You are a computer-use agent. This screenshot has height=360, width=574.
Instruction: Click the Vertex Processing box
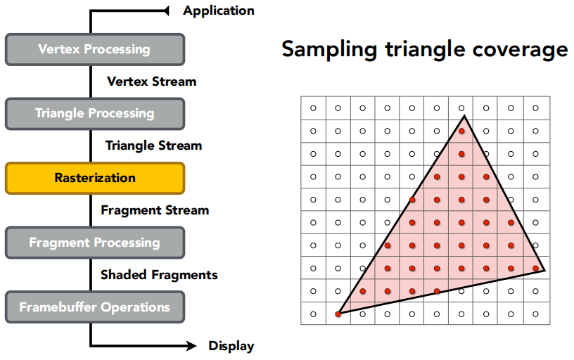(x=94, y=49)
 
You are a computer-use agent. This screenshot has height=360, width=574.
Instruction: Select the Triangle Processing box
(x=94, y=113)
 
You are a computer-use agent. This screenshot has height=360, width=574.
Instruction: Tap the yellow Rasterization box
(x=94, y=178)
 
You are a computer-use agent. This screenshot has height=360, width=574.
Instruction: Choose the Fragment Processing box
(x=94, y=243)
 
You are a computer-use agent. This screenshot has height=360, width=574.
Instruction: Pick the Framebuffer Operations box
(x=94, y=307)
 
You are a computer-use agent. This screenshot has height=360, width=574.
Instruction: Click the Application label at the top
(x=218, y=11)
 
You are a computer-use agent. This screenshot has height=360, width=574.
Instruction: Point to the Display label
(x=231, y=346)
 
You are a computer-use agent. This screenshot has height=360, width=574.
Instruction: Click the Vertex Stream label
(x=151, y=82)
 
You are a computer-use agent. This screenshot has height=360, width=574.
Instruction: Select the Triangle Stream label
(x=153, y=146)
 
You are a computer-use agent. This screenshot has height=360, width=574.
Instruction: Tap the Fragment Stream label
(x=155, y=210)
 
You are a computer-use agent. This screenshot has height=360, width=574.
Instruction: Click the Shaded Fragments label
(x=159, y=275)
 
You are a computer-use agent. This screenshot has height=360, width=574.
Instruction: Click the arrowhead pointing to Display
(x=191, y=346)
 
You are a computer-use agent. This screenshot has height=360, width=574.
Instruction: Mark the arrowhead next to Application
(x=167, y=11)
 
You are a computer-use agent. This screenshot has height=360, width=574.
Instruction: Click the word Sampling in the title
(x=325, y=51)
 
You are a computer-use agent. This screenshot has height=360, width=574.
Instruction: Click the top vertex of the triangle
(x=464, y=114)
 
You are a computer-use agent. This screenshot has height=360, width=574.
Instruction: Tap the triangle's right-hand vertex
(x=544, y=269)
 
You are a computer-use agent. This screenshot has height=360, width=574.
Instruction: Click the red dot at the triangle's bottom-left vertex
(x=338, y=314)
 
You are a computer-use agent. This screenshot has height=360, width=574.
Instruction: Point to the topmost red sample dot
(x=461, y=131)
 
